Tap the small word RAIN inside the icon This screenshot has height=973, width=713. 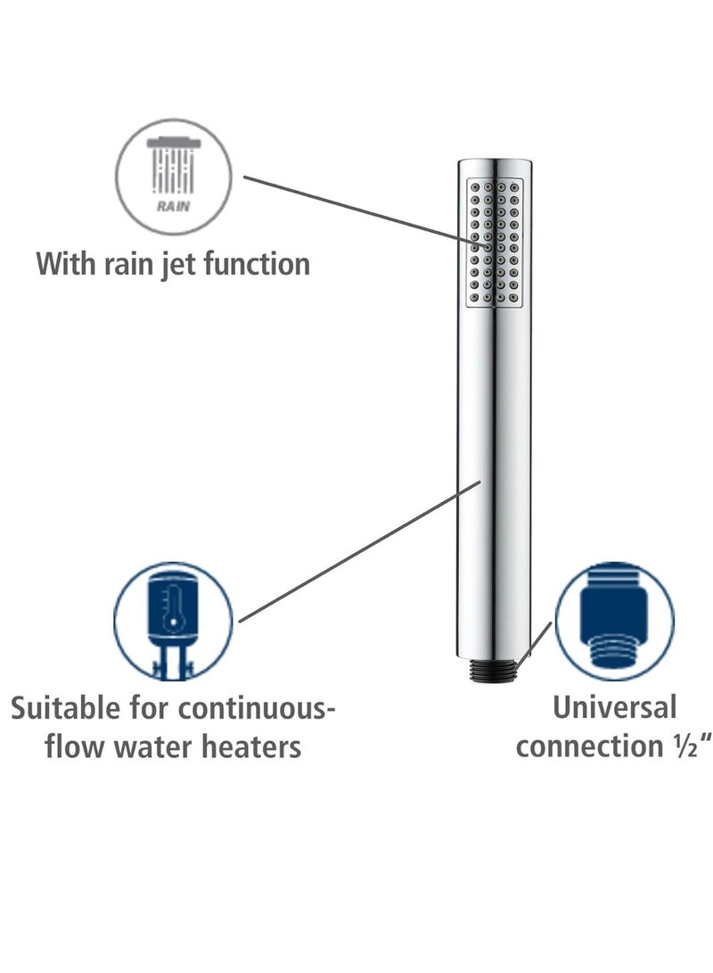pos(174,206)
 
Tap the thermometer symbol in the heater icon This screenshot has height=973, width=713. pos(169,608)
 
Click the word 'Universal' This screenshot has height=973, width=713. pos(614,707)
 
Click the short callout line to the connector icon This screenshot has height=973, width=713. pos(535,645)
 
